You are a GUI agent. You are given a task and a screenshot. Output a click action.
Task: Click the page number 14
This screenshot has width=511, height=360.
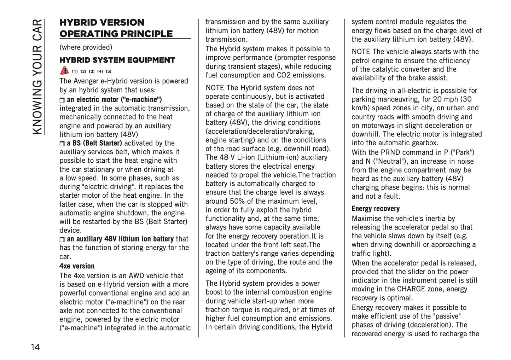[35, 347]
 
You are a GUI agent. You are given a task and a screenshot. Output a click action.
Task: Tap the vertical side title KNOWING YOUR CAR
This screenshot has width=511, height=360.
[37, 77]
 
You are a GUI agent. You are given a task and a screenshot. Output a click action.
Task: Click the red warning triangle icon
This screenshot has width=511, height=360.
[64, 70]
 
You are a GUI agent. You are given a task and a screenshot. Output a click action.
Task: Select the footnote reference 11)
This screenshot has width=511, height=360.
[74, 71]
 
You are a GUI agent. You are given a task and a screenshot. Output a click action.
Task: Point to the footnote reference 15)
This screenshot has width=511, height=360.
[108, 71]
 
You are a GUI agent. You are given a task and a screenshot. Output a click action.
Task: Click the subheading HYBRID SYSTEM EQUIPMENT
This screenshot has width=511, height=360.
[117, 60]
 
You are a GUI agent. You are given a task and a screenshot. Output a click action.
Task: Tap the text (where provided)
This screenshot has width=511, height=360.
[86, 47]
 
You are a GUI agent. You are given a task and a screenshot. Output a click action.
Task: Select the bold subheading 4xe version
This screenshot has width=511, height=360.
[77, 266]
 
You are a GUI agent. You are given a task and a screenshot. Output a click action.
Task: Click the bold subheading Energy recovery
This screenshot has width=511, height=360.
[375, 209]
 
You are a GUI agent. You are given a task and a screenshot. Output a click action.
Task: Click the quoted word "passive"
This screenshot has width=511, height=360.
[447, 316]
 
